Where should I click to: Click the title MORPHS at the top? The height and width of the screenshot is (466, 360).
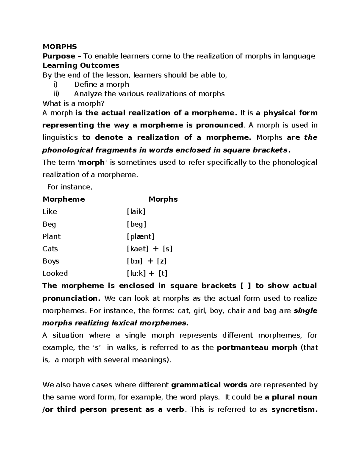[x=60, y=47]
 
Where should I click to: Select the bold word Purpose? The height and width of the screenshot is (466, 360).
[x=59, y=56]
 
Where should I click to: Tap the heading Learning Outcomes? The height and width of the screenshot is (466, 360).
[x=81, y=65]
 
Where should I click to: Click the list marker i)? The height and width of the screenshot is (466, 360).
[x=55, y=84]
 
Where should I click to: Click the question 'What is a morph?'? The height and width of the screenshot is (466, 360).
[x=73, y=104]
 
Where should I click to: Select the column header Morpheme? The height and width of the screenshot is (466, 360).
[x=64, y=199]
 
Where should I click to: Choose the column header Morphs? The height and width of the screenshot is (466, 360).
[x=163, y=199]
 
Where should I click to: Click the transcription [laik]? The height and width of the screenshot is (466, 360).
[x=136, y=212]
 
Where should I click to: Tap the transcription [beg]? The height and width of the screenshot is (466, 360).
[x=136, y=224]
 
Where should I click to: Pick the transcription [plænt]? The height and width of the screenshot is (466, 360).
[x=140, y=237]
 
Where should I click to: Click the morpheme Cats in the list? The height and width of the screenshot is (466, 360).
[x=50, y=249]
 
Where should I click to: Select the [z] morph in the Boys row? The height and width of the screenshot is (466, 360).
[x=162, y=261]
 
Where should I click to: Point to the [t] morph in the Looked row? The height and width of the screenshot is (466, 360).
[x=163, y=273]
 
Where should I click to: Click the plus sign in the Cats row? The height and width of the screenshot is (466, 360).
[x=155, y=249]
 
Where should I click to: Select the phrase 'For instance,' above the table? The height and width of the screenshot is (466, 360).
[x=70, y=187]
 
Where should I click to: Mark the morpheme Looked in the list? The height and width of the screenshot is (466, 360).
[x=55, y=273]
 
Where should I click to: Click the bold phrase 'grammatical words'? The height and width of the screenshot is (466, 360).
[x=209, y=385]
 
